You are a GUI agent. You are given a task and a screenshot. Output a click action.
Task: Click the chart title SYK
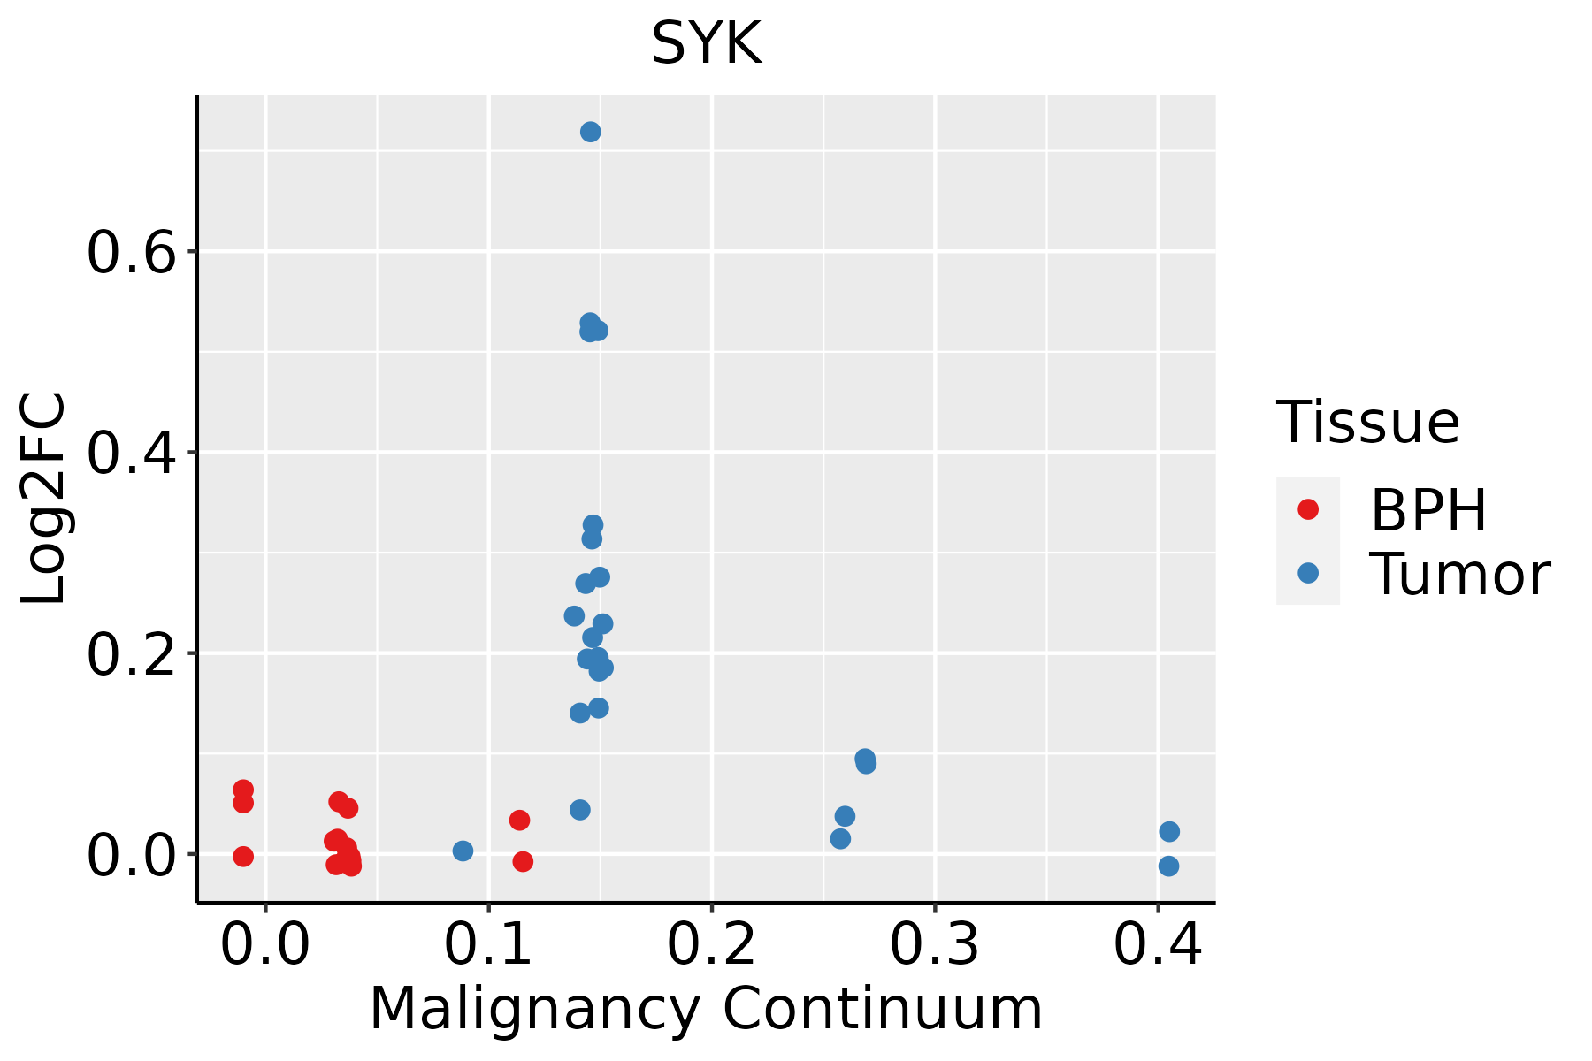tap(706, 44)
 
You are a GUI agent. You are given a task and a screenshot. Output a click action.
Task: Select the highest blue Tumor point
tap(591, 132)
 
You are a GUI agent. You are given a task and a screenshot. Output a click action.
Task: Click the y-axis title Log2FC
tap(44, 500)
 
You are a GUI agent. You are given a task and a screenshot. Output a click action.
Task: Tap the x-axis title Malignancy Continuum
tap(706, 1009)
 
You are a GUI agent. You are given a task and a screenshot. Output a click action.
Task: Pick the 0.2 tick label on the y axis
tap(130, 655)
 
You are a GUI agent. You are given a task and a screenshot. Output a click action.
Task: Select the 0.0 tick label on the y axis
tap(130, 856)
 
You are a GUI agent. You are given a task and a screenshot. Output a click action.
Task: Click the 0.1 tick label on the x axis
tap(488, 944)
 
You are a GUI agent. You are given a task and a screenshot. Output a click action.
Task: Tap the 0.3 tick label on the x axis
tap(934, 944)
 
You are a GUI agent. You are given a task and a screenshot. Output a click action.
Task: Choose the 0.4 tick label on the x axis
tap(1157, 944)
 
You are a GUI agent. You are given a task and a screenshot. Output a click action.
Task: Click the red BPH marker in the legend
tap(1307, 509)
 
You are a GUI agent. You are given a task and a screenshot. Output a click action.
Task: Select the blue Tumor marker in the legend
tap(1307, 573)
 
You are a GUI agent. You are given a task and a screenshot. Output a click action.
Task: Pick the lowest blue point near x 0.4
tap(1168, 866)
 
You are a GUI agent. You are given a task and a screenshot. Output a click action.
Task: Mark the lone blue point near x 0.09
tap(463, 851)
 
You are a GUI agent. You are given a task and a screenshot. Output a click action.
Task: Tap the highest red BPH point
tap(243, 790)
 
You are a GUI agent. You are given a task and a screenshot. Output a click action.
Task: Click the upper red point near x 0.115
tap(519, 821)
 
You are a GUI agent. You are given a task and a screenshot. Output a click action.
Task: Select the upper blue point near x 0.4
tap(1169, 832)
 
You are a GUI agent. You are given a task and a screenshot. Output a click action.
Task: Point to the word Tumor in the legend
tap(1459, 575)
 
